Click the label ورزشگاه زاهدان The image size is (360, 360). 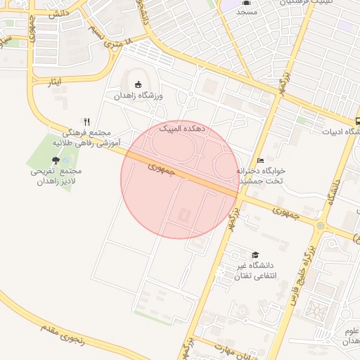[x=144, y=95]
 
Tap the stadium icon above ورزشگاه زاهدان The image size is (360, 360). [x=137, y=85]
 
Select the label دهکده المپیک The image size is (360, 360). [x=182, y=129]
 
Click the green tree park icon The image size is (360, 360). [x=56, y=160]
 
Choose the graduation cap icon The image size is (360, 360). [x=255, y=255]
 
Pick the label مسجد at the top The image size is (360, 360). [x=247, y=13]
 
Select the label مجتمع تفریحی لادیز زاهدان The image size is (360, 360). [x=56, y=176]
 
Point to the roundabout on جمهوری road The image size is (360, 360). [x=321, y=226]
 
